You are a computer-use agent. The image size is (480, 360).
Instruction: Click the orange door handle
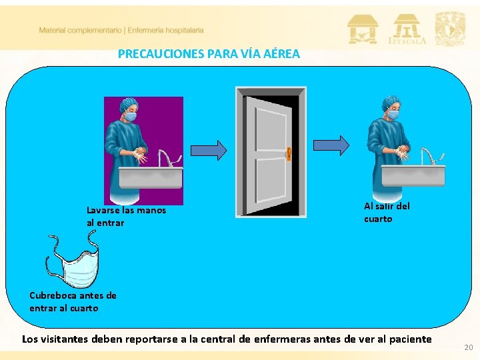pos(289,154)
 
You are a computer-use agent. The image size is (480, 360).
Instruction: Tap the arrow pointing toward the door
pos(209,150)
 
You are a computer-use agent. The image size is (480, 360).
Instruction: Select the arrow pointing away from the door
pos(331,145)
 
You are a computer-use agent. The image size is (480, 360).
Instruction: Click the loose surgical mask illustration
pos(73,259)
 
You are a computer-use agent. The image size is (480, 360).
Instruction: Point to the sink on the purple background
pos(151,177)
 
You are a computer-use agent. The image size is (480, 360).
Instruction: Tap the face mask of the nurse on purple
pos(131,117)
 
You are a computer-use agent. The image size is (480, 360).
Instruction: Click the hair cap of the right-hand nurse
pos(390,103)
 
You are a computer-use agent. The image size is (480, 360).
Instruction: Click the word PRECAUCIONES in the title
pos(161,54)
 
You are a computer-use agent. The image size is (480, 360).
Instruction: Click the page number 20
pos(469,347)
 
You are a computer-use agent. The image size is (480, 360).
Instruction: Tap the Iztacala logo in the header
pos(407,29)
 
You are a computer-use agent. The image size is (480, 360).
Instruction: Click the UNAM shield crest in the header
pos(450,29)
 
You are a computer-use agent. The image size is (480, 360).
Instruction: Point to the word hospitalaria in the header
pos(185,30)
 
